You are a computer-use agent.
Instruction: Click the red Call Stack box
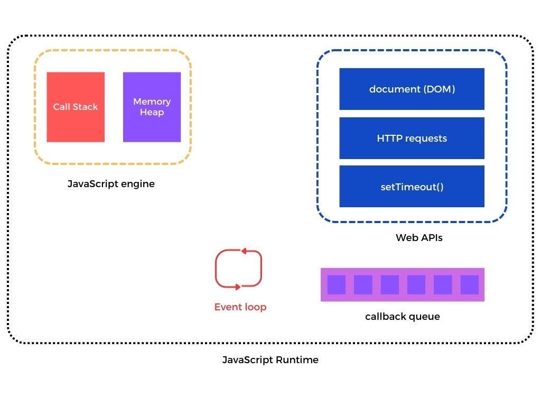76,107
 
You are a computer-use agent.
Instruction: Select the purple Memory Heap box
152,107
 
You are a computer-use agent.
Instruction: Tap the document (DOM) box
412,89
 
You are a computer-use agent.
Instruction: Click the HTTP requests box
412,138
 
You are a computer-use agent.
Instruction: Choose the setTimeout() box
412,187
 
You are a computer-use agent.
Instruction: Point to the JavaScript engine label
111,184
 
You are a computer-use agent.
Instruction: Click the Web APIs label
419,238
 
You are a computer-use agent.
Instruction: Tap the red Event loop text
240,307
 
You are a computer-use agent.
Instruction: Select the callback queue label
402,317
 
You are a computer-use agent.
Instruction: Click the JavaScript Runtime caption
270,360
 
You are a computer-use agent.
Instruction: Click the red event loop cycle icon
239,269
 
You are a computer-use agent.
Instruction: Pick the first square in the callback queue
336,285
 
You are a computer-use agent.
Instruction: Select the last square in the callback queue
469,285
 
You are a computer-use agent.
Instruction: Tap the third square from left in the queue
389,285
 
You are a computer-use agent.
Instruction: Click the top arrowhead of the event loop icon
244,251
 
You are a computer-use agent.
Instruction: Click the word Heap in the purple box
152,113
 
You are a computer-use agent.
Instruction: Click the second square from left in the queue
363,285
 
